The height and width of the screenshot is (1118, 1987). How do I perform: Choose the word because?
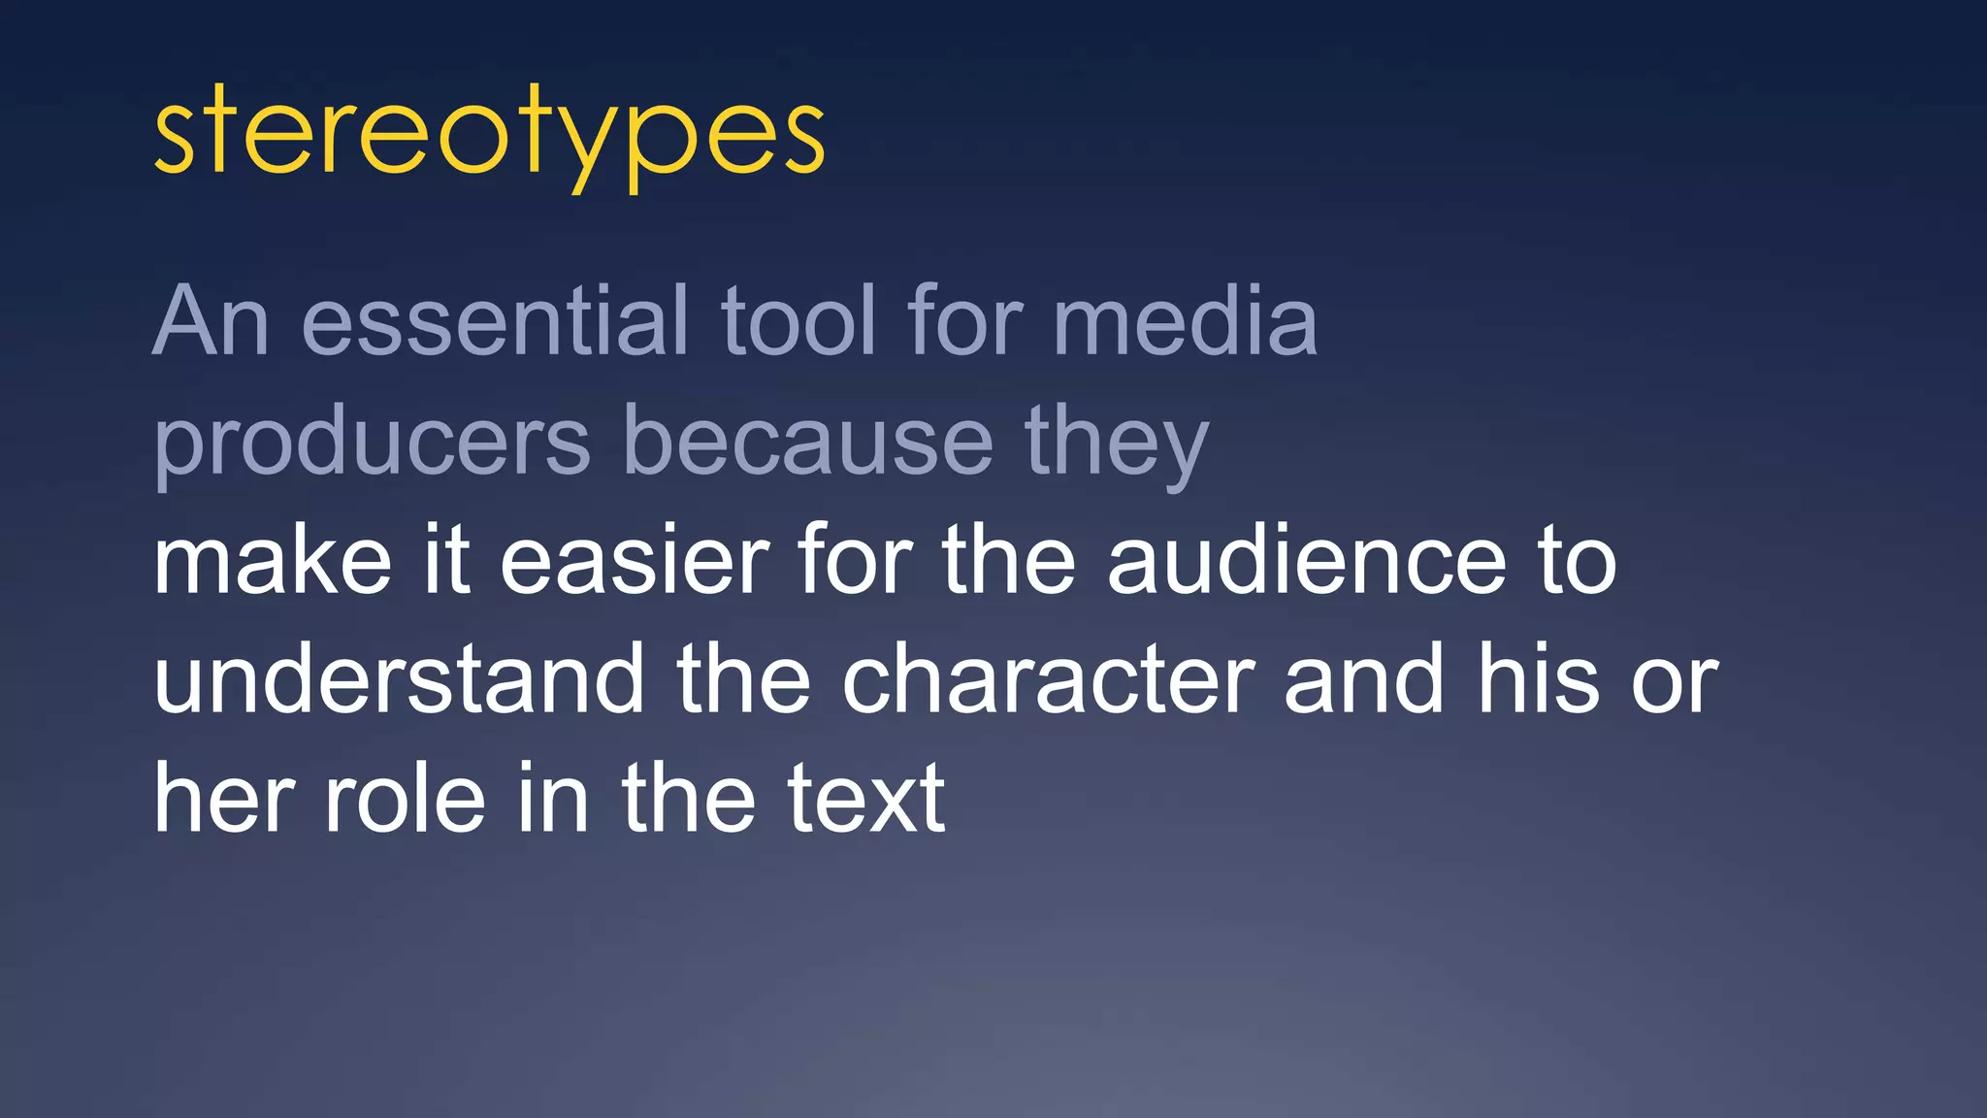[x=808, y=442]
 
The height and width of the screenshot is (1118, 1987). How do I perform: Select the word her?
[x=223, y=799]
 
